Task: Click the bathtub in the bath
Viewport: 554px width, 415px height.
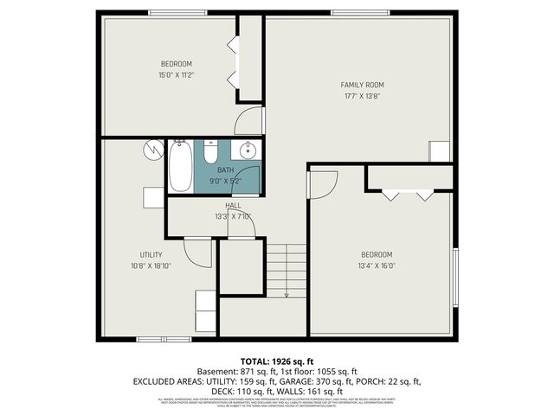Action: [x=180, y=168]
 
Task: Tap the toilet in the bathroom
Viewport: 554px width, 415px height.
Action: [x=209, y=153]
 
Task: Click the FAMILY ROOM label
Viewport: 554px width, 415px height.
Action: [x=362, y=85]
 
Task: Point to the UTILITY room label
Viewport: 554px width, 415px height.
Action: [x=151, y=255]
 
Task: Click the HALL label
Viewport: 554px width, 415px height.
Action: [x=233, y=206]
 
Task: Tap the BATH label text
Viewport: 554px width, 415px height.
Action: [x=225, y=169]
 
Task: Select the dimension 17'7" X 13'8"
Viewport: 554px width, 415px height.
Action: [x=362, y=96]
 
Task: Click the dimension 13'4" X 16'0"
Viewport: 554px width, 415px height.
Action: [x=377, y=266]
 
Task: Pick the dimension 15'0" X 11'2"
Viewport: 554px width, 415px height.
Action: [x=176, y=75]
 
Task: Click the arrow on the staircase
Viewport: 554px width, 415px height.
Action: [x=286, y=294]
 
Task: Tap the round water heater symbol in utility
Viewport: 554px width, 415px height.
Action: [x=153, y=149]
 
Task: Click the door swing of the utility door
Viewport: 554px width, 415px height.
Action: [x=199, y=252]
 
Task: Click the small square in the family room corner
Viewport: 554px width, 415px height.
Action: [x=440, y=151]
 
